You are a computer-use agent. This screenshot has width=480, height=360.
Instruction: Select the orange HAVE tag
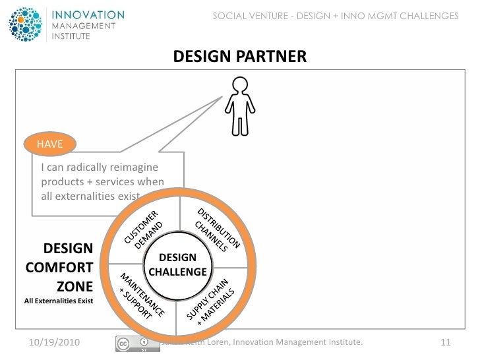[50, 144]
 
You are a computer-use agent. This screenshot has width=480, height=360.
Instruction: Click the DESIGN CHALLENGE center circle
[177, 265]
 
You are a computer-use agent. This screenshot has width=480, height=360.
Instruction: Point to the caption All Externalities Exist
[59, 301]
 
